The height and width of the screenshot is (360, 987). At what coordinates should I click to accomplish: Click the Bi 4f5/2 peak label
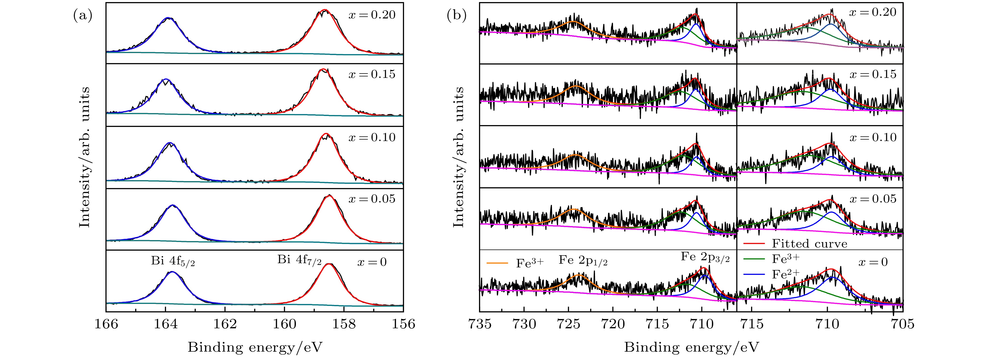[173, 261]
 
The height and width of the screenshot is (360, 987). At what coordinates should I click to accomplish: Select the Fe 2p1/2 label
[583, 261]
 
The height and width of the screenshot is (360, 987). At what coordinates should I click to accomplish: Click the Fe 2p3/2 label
[705, 257]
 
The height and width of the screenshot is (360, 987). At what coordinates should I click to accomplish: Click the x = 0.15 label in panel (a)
[372, 74]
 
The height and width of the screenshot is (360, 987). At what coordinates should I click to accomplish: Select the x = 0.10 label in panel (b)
[873, 138]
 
